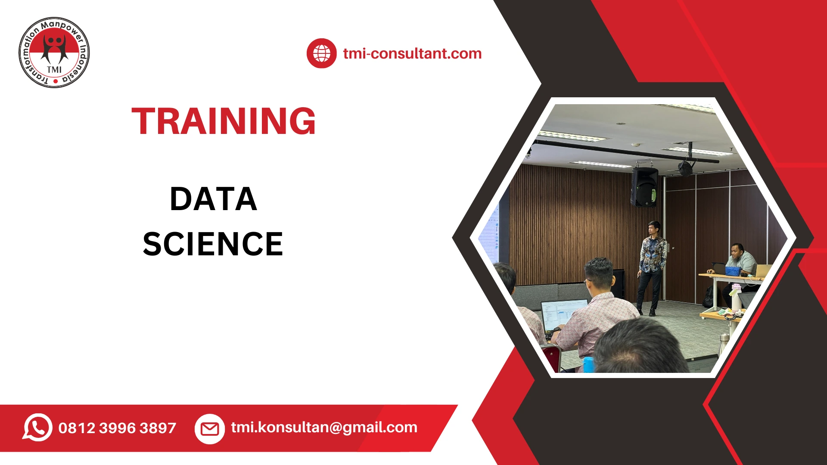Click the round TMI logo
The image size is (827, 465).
point(54,53)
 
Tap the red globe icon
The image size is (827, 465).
point(321,53)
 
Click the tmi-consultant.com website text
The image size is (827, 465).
point(412,53)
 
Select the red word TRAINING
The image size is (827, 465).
point(224,121)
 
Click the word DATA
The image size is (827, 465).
point(214,199)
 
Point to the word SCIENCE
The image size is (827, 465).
point(213,244)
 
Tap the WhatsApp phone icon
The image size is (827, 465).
point(37,428)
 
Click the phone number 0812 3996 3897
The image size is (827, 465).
point(117,428)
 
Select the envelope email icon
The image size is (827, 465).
point(210,429)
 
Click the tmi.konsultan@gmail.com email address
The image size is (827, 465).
point(324,427)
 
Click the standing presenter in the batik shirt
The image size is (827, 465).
point(652,263)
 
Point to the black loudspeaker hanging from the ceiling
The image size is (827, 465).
point(644,186)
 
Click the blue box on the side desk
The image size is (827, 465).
point(733,271)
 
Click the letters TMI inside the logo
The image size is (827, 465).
point(54,69)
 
